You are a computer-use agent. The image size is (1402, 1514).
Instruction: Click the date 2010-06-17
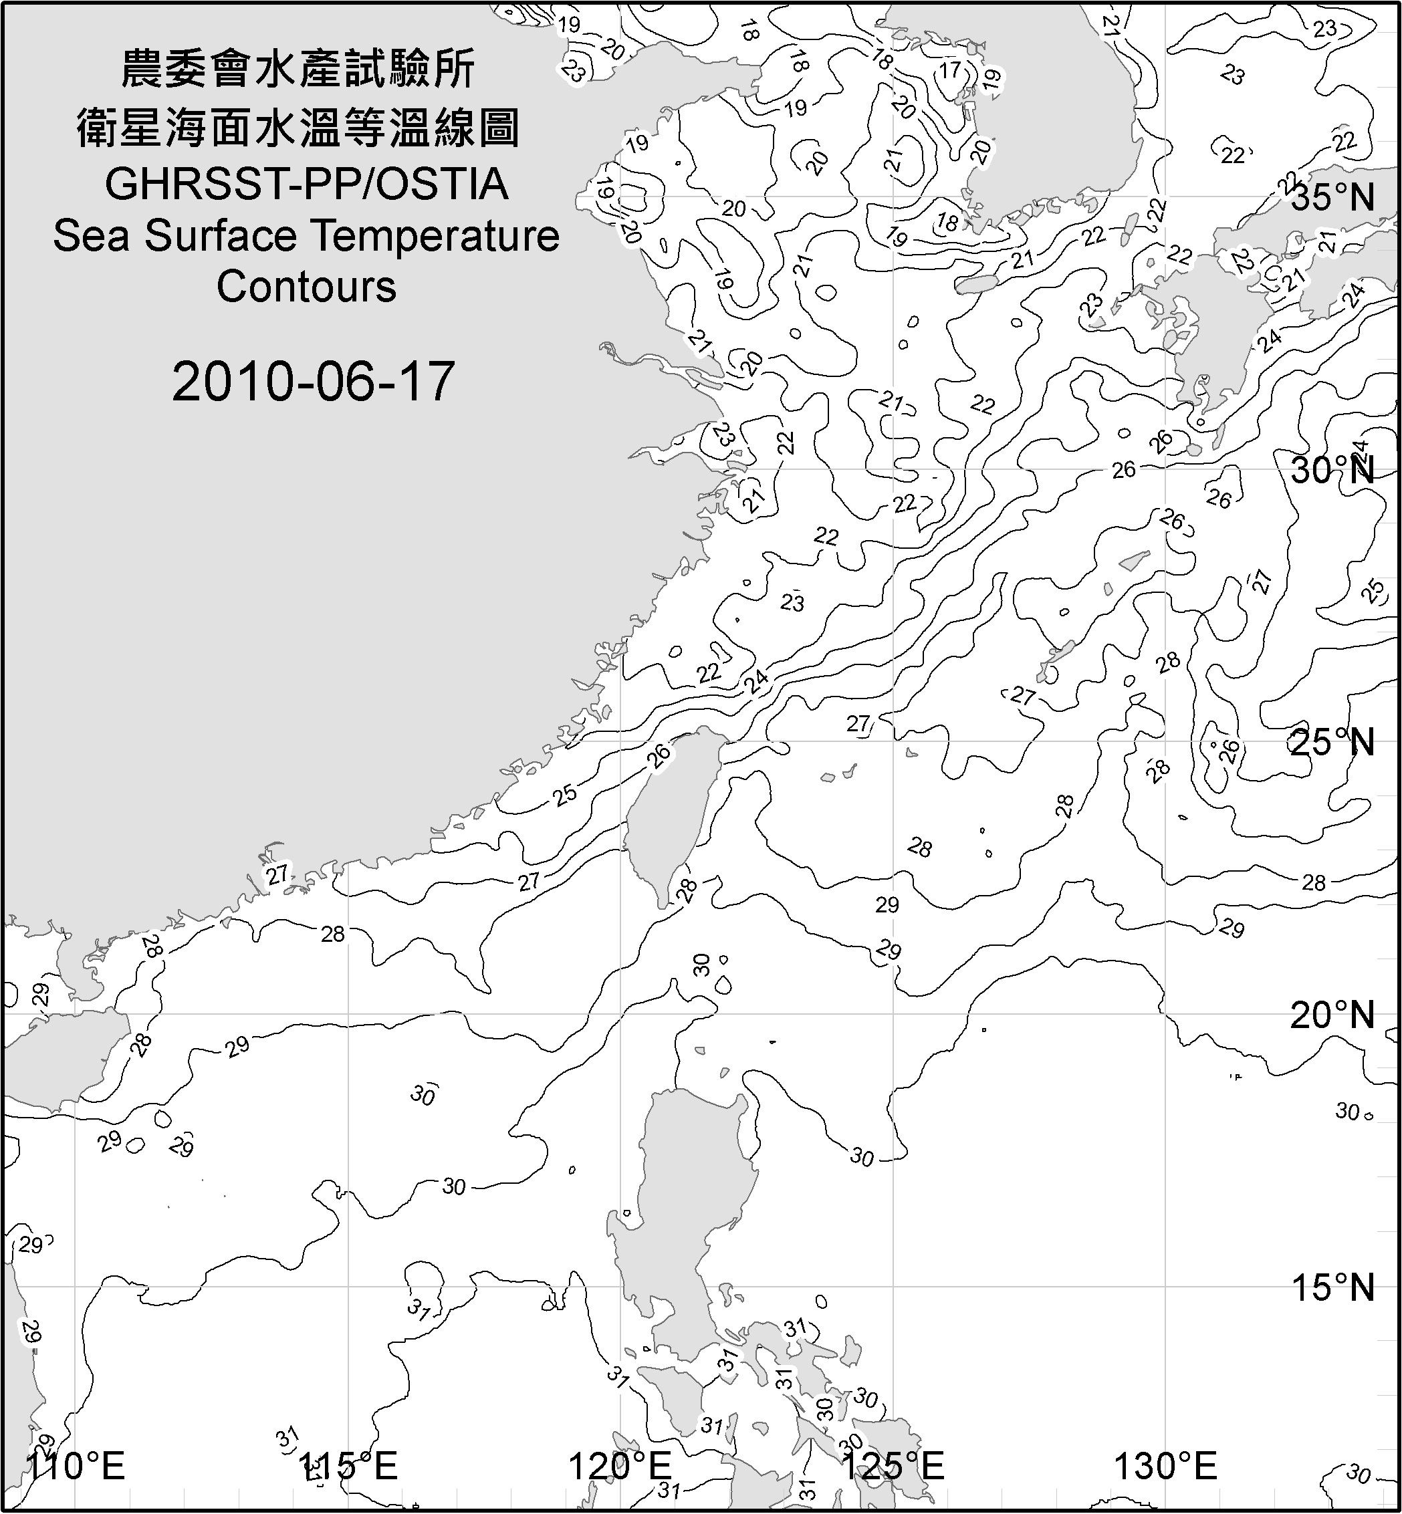[313, 381]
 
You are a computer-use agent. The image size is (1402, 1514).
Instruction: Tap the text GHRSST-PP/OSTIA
[306, 184]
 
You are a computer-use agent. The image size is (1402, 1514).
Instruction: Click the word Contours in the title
[306, 287]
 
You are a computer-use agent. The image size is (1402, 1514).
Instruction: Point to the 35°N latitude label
[1332, 197]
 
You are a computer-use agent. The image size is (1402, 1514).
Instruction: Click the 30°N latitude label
[1332, 471]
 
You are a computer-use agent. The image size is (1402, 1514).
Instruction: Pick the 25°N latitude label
[1332, 742]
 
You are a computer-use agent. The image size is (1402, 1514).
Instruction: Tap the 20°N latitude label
[1332, 1015]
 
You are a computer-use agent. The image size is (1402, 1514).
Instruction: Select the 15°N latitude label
[1332, 1287]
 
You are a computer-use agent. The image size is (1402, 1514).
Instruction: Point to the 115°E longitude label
[348, 1465]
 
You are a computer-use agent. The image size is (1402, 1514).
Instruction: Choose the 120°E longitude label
[620, 1465]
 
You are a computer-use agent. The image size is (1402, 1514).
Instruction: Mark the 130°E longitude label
[1165, 1465]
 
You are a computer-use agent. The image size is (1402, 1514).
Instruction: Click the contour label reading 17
[950, 71]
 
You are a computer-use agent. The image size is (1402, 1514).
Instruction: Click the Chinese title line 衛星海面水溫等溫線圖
[298, 127]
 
